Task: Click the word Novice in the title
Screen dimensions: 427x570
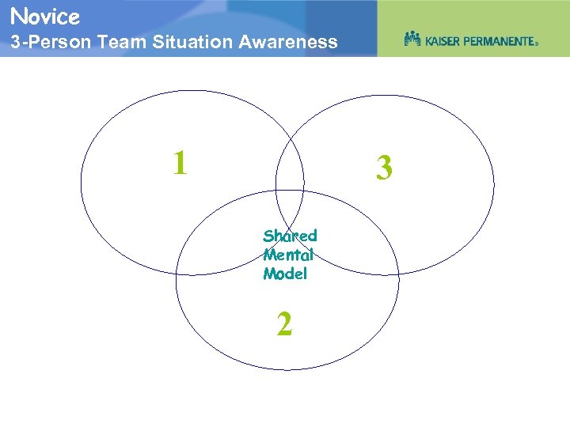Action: point(45,16)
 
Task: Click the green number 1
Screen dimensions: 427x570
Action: point(180,163)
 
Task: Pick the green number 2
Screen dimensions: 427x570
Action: point(284,324)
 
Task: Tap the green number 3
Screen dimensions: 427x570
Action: point(384,168)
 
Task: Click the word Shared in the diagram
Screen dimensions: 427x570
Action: point(290,236)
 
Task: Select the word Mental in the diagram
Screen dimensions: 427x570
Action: point(288,255)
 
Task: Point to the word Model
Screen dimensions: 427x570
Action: point(285,274)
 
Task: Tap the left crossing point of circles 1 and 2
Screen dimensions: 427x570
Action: point(177,274)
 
